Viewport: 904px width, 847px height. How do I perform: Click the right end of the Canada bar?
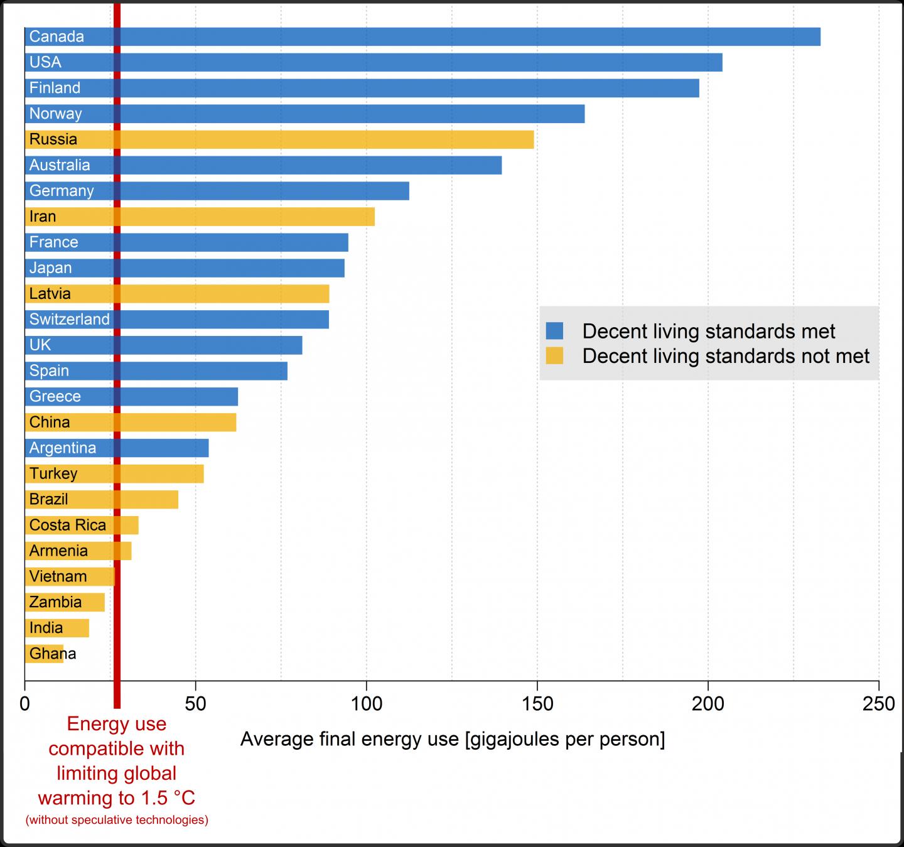[818, 36]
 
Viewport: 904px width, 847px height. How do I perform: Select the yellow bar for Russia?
[314, 139]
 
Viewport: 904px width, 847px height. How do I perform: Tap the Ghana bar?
[44, 654]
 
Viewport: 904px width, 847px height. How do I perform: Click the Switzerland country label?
[69, 319]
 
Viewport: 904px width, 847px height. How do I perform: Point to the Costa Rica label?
[68, 525]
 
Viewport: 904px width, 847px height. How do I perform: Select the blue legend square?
[554, 331]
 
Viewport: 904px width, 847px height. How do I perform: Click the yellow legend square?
[554, 356]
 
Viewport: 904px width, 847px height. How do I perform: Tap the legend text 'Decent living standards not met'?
[726, 356]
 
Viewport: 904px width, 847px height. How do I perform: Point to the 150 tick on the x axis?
[537, 704]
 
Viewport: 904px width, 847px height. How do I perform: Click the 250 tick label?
[878, 704]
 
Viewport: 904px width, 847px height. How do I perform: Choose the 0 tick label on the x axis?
[25, 704]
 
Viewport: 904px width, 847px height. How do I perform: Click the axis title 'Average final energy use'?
[452, 739]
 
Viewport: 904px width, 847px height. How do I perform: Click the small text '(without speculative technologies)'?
[117, 819]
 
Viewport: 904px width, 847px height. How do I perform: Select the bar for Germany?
[251, 191]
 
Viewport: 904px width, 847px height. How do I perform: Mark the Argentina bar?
[157, 448]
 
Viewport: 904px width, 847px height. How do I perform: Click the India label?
[46, 628]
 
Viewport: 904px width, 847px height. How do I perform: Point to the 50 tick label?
[196, 704]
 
